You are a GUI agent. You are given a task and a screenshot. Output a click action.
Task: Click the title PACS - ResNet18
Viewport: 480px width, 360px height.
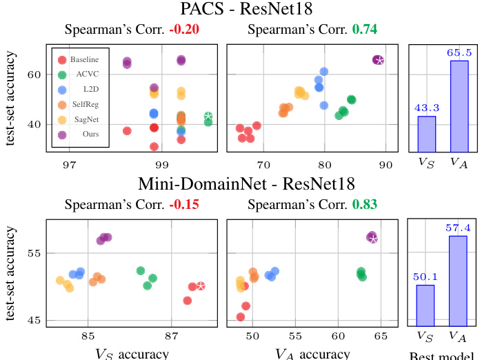point(239,10)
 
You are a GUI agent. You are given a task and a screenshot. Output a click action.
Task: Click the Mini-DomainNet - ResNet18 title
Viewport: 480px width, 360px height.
point(239,185)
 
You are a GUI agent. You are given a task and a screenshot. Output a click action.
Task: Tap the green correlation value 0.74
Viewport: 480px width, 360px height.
point(366,30)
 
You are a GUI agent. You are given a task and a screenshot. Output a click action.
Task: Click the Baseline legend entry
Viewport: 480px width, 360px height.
point(82,61)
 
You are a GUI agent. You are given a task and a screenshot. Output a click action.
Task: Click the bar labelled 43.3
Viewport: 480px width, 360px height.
point(426,133)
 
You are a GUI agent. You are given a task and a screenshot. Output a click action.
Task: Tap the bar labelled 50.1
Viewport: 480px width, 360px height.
point(426,304)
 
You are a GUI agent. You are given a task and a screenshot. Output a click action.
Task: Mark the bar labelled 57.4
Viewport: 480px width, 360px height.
point(459,280)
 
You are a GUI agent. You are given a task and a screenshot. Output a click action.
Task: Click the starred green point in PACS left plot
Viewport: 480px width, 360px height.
point(208,117)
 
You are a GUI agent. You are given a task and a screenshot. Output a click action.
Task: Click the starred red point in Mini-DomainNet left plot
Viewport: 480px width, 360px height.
point(201,286)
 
